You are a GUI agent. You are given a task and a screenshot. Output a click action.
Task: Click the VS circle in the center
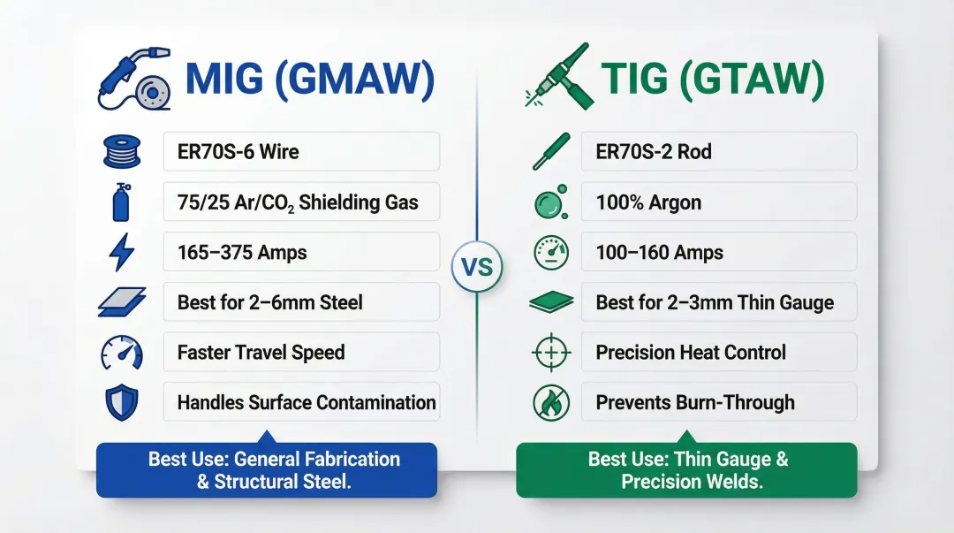[x=477, y=266]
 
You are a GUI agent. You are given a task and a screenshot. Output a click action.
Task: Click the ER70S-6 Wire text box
[x=301, y=151]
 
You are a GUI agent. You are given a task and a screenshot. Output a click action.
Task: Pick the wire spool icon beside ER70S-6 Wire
[x=120, y=151]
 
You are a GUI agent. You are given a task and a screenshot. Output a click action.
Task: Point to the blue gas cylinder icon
[x=120, y=202]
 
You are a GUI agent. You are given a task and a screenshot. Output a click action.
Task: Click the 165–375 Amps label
[x=301, y=252]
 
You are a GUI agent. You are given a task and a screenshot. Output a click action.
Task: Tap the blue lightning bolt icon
[x=120, y=253]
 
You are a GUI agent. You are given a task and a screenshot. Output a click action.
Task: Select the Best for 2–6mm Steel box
[x=301, y=302]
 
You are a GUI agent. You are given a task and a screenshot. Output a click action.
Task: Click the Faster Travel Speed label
[x=301, y=352]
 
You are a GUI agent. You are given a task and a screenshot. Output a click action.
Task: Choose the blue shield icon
[x=120, y=403]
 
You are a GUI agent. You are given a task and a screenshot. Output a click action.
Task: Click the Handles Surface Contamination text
[x=306, y=402]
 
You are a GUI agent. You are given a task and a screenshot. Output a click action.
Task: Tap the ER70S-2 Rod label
[x=718, y=151]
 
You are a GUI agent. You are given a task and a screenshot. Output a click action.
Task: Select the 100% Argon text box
[x=718, y=202]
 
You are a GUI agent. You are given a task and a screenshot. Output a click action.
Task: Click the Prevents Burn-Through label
[x=718, y=402]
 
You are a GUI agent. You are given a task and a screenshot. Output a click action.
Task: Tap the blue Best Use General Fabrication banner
[x=267, y=470]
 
